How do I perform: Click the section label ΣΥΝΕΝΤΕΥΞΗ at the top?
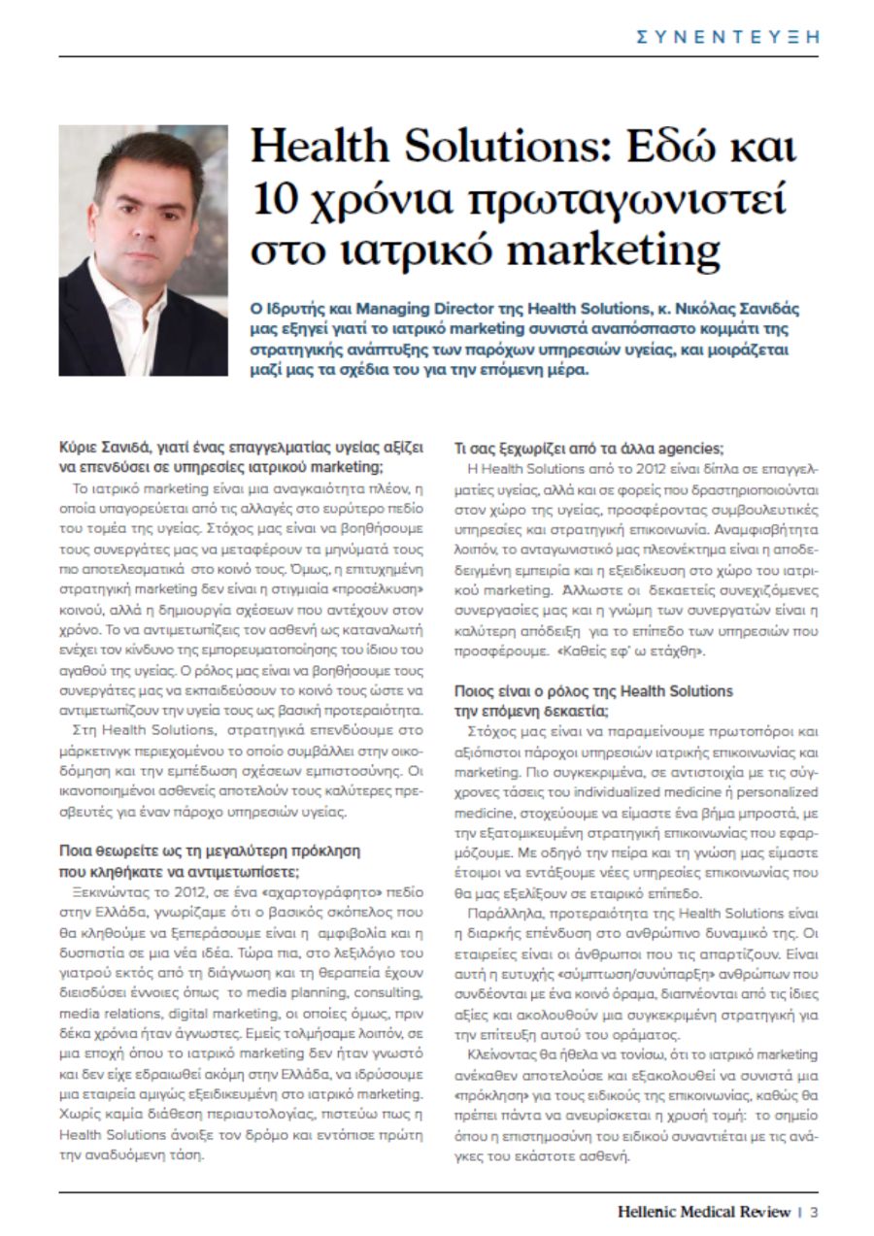[x=726, y=37]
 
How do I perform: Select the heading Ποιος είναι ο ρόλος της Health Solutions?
[x=594, y=691]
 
